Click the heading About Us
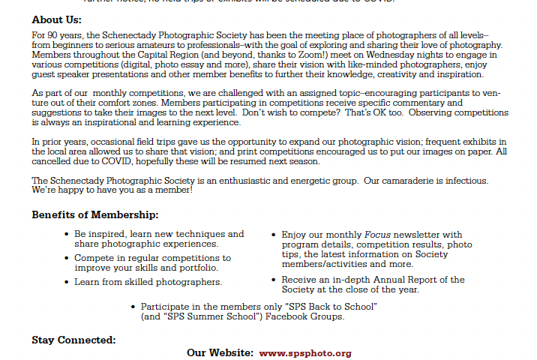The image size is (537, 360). (56, 20)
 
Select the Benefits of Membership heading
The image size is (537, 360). (94, 215)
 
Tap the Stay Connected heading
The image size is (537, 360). (73, 340)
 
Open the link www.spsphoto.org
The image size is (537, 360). (305, 353)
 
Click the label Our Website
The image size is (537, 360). (220, 353)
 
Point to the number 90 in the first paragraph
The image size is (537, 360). (52, 36)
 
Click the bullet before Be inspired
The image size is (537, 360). (67, 235)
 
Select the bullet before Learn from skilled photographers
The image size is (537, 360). (67, 282)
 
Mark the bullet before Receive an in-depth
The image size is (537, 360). (274, 280)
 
